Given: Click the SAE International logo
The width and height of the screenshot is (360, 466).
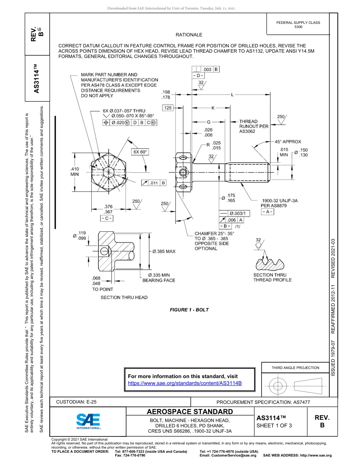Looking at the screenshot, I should pyautogui.click(x=88, y=421).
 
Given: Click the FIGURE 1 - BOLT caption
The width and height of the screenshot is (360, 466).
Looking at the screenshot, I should pyautogui.click(x=189, y=310).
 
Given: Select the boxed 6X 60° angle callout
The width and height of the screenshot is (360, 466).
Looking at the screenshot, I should pyautogui.click(x=140, y=152).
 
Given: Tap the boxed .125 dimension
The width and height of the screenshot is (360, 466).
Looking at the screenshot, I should pyautogui.click(x=167, y=108).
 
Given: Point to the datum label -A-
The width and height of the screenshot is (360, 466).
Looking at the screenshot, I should pyautogui.click(x=268, y=212).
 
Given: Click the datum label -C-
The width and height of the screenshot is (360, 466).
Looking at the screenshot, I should pyautogui.click(x=106, y=218).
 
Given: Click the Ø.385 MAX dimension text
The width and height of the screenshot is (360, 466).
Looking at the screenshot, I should pyautogui.click(x=164, y=251).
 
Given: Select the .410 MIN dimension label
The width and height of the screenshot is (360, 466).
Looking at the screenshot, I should pyautogui.click(x=75, y=172).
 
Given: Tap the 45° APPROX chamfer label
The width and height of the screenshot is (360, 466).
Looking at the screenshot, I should pyautogui.click(x=288, y=142).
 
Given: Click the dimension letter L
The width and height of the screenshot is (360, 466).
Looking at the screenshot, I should pyautogui.click(x=232, y=94).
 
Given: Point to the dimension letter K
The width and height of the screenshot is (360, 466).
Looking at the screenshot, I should pyautogui.click(x=213, y=108).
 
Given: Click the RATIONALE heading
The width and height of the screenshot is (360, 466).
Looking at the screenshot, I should pyautogui.click(x=189, y=35).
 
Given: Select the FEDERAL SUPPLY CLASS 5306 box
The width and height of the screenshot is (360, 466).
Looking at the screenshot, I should pyautogui.click(x=298, y=25).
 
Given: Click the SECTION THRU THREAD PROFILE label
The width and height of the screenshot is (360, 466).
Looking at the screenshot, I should pyautogui.click(x=272, y=277).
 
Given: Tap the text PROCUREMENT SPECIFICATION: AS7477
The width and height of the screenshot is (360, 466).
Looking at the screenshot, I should pyautogui.click(x=263, y=402).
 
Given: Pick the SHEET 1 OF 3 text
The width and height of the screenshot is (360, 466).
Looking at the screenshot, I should pyautogui.click(x=274, y=425).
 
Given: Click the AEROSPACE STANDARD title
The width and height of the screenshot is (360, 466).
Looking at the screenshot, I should pyautogui.click(x=189, y=412).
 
